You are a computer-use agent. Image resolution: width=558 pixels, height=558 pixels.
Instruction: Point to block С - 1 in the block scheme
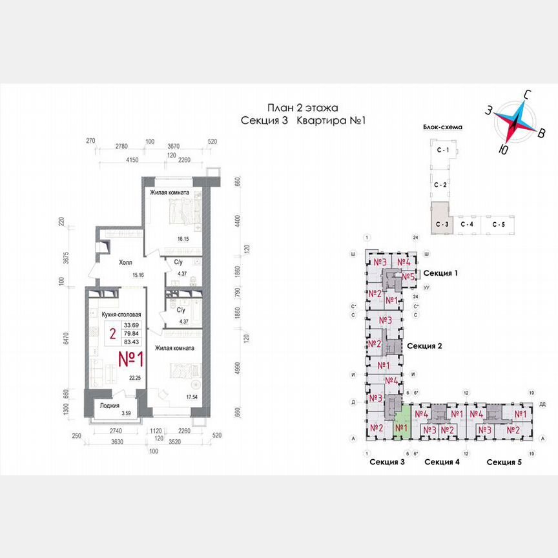(442, 150)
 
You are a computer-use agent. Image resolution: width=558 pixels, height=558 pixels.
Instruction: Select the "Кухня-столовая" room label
(121, 315)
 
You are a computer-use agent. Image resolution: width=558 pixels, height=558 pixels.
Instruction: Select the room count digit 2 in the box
(112, 334)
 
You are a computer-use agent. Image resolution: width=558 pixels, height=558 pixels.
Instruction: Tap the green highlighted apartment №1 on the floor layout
(401, 427)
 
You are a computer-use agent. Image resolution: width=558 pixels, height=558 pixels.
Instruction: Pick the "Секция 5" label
(504, 462)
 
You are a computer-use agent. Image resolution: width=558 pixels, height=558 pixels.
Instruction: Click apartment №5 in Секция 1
(408, 277)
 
